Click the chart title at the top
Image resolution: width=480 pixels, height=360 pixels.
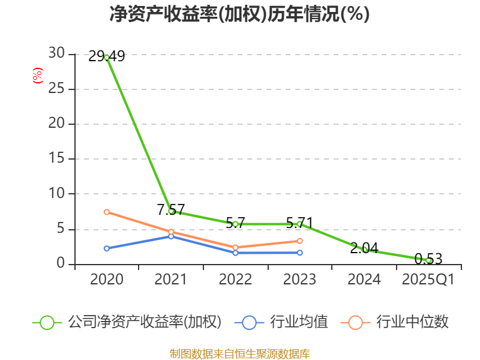click(x=239, y=14)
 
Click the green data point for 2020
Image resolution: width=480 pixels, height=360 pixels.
click(x=107, y=58)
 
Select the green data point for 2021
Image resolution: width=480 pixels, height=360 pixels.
click(x=171, y=211)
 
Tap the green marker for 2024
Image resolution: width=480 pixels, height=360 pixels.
click(x=365, y=250)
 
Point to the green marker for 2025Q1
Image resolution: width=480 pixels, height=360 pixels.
click(x=429, y=260)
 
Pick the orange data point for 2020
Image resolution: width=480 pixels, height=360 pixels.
click(x=107, y=212)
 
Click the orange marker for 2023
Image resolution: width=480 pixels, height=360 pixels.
click(x=300, y=241)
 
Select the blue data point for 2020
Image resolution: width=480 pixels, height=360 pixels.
click(x=107, y=248)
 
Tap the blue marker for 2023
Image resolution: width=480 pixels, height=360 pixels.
click(x=300, y=253)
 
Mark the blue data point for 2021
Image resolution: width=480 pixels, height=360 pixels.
click(x=171, y=236)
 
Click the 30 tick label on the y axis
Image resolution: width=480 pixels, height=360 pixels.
click(x=56, y=54)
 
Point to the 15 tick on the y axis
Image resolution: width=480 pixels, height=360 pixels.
click(x=56, y=159)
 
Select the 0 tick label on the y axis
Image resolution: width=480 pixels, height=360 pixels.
click(x=61, y=264)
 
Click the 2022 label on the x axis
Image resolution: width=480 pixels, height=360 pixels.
click(x=235, y=280)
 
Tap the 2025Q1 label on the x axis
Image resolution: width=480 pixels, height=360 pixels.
click(x=428, y=280)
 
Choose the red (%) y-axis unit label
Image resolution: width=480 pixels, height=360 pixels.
click(x=37, y=76)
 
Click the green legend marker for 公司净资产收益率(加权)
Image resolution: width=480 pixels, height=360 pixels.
click(x=47, y=322)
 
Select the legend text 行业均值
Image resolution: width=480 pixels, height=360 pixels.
click(x=299, y=322)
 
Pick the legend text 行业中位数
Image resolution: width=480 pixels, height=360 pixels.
click(x=412, y=322)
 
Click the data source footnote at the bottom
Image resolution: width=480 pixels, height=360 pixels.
click(x=239, y=353)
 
